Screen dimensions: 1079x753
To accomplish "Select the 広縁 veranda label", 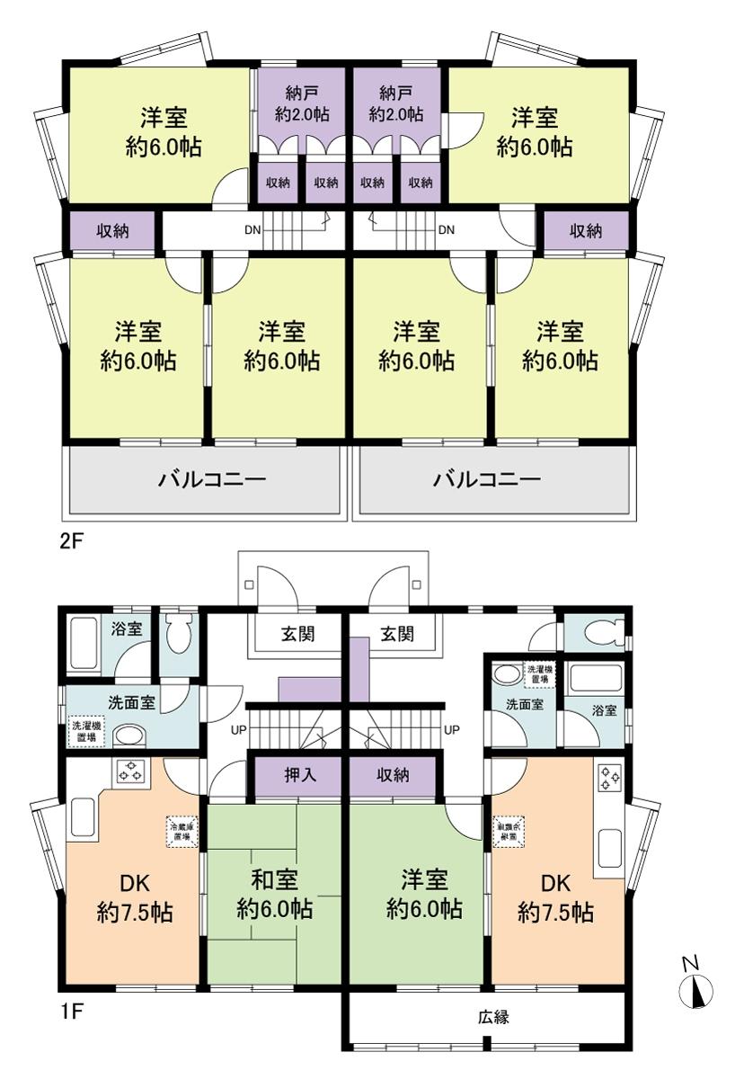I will pos(493,1018).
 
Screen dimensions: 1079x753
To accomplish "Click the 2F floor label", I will pos(73,543).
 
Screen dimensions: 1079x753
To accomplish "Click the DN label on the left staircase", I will pos(252,229).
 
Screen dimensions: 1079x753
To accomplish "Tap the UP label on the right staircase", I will pos(453,729).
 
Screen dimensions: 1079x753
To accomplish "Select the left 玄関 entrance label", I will pos(297,635).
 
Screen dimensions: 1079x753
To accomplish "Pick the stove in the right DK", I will pos(609,777).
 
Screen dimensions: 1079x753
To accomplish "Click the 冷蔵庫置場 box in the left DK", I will pos(182,831).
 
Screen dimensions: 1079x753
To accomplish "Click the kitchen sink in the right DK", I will pos(609,846).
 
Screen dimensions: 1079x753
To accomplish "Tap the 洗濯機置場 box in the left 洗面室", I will pos(87,731).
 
